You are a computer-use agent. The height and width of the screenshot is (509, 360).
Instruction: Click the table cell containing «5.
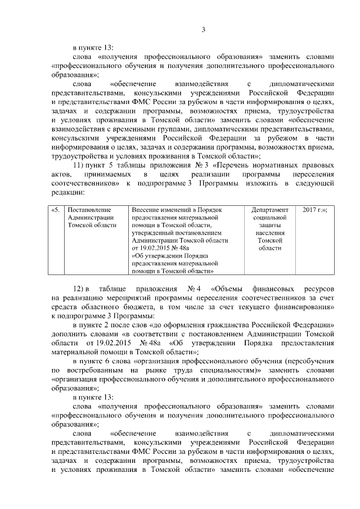[x=56, y=210]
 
